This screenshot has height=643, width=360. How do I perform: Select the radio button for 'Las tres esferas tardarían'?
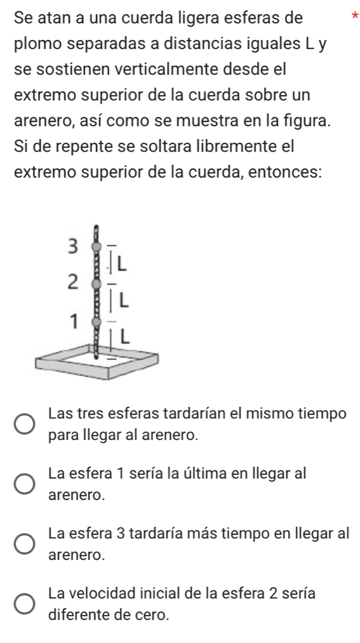25,424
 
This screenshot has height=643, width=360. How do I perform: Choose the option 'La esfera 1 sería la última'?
25,484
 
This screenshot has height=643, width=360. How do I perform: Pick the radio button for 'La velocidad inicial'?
25,604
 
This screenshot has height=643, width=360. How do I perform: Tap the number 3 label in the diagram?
72,247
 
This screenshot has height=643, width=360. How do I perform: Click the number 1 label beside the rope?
73,321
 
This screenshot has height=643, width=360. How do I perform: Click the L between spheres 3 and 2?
122,265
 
